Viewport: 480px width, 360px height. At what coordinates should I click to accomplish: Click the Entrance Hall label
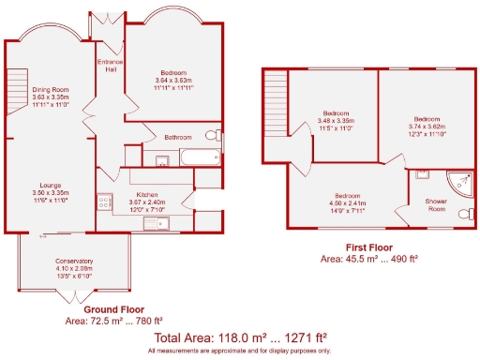110,66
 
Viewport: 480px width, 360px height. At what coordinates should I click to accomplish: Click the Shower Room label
437,204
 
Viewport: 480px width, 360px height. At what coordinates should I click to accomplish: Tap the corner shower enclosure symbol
457,180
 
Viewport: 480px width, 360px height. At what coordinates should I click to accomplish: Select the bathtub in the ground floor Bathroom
199,157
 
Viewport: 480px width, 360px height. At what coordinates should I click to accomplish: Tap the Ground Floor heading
114,308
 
